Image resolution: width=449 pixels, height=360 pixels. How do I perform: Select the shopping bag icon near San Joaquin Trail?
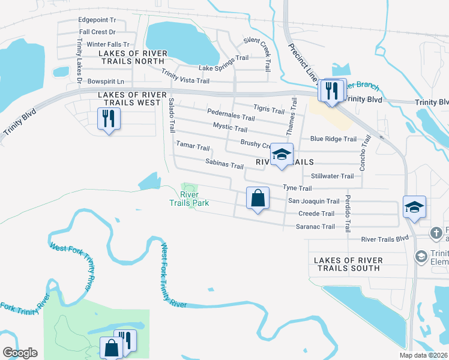[x=258, y=197]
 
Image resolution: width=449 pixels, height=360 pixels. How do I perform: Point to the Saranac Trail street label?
[x=315, y=226]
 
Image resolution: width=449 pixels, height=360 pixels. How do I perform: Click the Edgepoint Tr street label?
[x=97, y=20]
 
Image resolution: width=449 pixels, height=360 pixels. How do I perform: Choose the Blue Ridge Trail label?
[x=333, y=139]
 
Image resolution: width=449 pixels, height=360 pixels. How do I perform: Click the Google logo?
[x=20, y=353]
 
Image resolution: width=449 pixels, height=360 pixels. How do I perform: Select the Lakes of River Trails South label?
[x=347, y=264]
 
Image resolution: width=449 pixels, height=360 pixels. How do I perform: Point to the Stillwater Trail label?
[x=333, y=176]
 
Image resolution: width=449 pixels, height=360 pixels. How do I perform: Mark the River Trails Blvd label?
[x=385, y=239]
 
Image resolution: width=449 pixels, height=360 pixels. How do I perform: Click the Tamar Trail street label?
[x=193, y=147]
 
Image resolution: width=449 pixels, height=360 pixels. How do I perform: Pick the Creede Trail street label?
[x=316, y=214]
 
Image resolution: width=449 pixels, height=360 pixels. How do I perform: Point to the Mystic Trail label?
[x=230, y=128]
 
